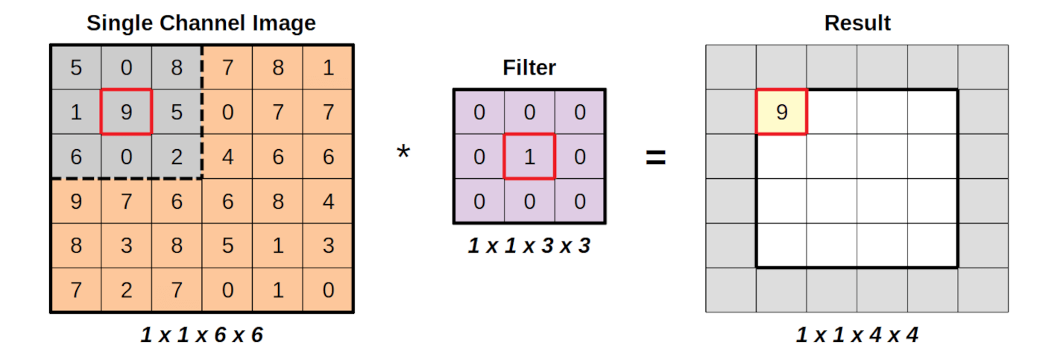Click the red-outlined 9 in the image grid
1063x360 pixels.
pyautogui.click(x=126, y=112)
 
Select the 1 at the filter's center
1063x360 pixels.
pyautogui.click(x=529, y=157)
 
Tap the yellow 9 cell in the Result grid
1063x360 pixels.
pyautogui.click(x=781, y=112)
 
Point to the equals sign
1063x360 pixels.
pyautogui.click(x=655, y=157)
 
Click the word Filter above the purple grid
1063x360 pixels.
pyautogui.click(x=529, y=69)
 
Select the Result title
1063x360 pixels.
pyautogui.click(x=857, y=23)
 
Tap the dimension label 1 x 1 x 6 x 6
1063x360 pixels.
pyautogui.click(x=201, y=335)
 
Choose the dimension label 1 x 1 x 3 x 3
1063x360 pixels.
pyautogui.click(x=529, y=245)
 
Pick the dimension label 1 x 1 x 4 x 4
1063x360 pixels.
pyautogui.click(x=857, y=335)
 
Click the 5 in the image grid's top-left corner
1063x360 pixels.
pyautogui.click(x=76, y=68)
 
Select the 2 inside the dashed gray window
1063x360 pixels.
pyautogui.click(x=177, y=157)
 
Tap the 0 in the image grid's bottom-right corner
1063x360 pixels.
pyautogui.click(x=328, y=290)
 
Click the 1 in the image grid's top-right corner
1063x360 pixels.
pyautogui.click(x=328, y=68)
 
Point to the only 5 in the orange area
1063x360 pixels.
pyautogui.click(x=227, y=245)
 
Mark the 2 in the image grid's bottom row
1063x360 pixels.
pyautogui.click(x=126, y=290)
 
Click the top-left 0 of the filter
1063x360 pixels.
pyautogui.click(x=479, y=112)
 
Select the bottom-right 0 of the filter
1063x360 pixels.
pyautogui.click(x=580, y=201)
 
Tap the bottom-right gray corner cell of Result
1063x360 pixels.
pyautogui.click(x=983, y=290)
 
